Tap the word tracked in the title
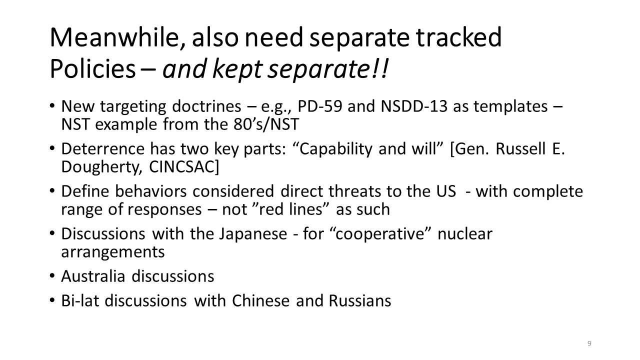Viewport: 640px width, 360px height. click(x=458, y=37)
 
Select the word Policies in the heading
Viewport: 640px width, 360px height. click(x=92, y=69)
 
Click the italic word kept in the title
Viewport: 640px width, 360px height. click(x=237, y=69)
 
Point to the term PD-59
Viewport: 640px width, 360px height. click(x=319, y=106)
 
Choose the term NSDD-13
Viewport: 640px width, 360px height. click(x=413, y=106)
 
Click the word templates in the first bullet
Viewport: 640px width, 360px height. click(x=510, y=106)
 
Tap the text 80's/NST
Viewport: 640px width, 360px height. click(x=266, y=124)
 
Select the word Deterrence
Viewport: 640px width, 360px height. click(x=103, y=149)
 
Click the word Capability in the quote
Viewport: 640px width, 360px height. click(x=335, y=149)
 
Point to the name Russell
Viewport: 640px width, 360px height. click(x=520, y=149)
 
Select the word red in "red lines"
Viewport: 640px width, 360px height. click(x=271, y=209)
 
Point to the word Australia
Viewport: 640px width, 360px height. click(x=93, y=276)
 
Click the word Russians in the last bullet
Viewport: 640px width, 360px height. click(x=359, y=301)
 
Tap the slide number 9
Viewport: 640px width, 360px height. click(x=589, y=343)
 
